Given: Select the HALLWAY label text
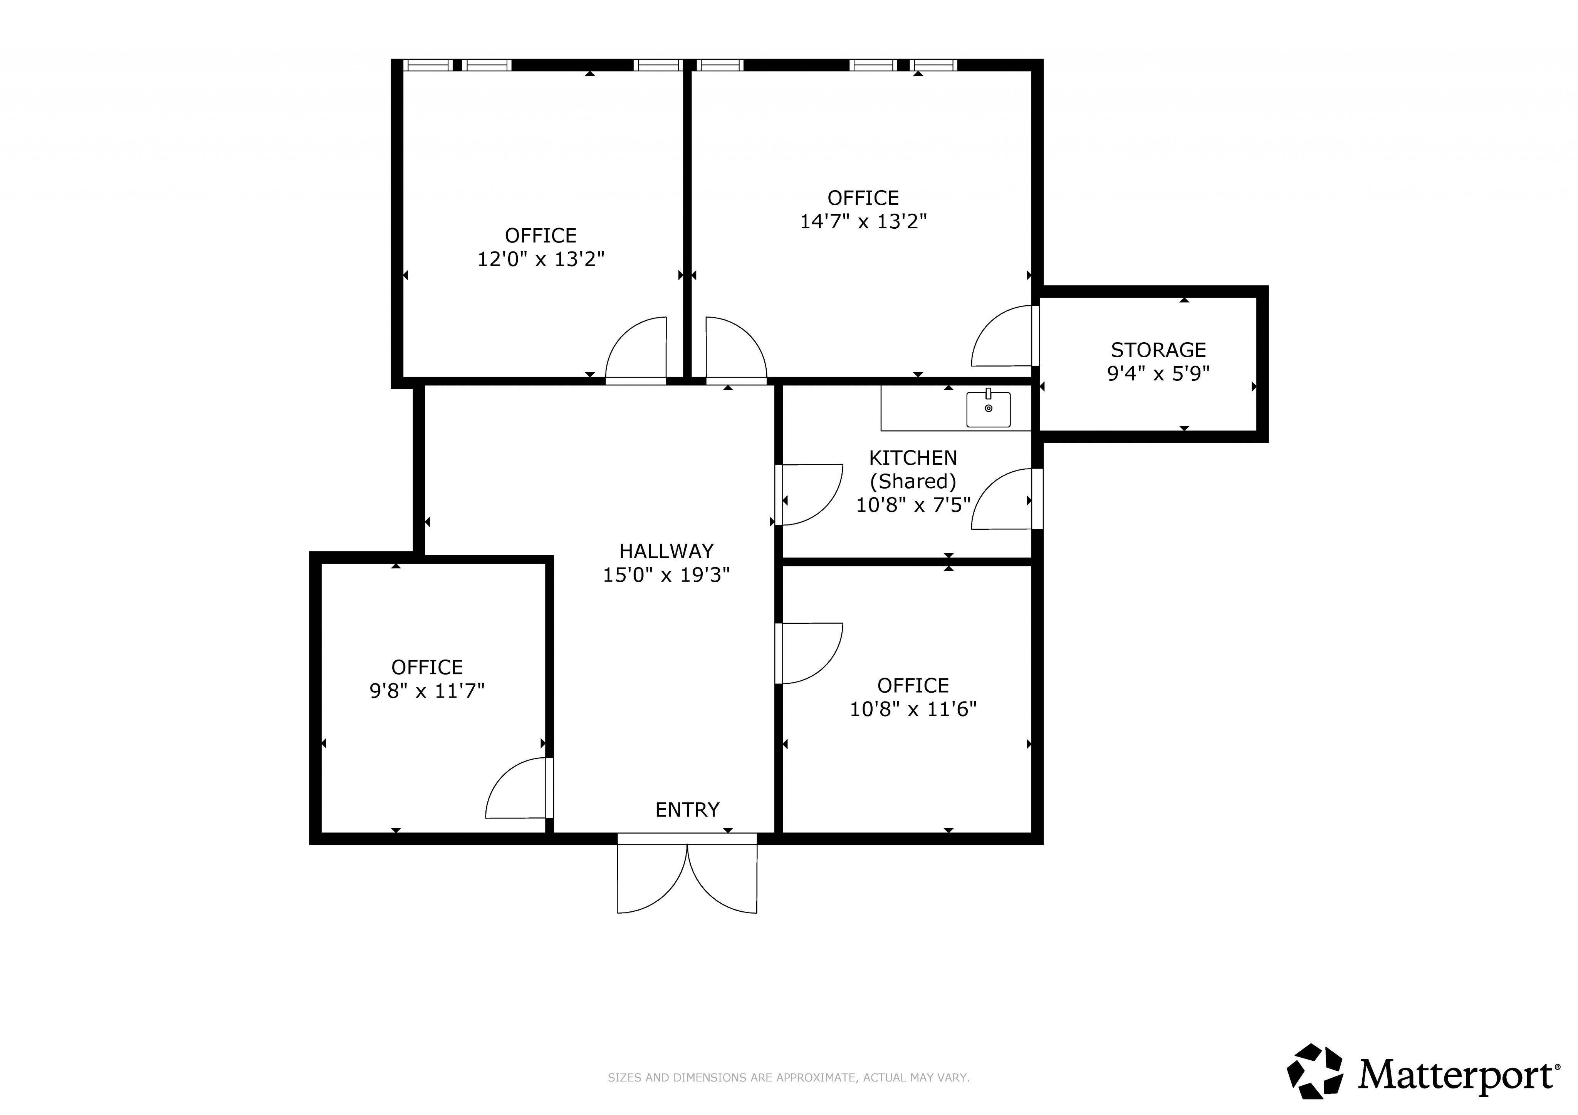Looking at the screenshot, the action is (x=666, y=551).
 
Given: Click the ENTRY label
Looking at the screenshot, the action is (x=687, y=810).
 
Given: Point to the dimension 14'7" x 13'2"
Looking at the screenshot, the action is (x=863, y=221).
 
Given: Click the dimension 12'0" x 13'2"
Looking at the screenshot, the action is (x=541, y=259).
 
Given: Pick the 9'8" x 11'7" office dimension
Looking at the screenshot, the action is (x=427, y=690).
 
